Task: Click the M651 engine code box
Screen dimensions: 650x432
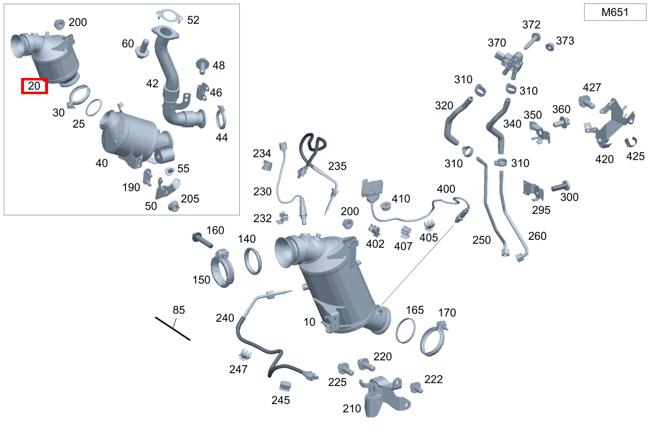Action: pos(615,12)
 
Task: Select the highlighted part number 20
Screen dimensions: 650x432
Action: pos(34,86)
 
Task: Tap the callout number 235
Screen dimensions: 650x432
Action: pos(337,166)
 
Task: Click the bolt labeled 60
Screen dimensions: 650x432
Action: pos(143,49)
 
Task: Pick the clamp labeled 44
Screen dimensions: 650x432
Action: pos(221,117)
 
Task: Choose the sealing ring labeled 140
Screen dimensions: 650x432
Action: pos(253,261)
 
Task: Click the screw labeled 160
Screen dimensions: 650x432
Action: pos(202,240)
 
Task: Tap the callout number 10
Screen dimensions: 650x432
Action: pos(309,322)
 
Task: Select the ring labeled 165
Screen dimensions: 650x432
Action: pos(405,330)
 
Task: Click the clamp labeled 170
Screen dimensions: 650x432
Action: pos(433,339)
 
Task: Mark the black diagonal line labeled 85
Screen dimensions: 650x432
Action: pos(173,329)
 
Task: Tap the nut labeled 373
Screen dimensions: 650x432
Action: pos(550,47)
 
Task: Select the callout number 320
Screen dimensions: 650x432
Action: pos(444,106)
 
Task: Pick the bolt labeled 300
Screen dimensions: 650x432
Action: pos(560,186)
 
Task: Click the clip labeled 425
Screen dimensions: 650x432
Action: pos(631,141)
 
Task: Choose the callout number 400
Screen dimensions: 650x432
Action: pos(446,189)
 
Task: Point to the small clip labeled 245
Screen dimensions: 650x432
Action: pos(285,386)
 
